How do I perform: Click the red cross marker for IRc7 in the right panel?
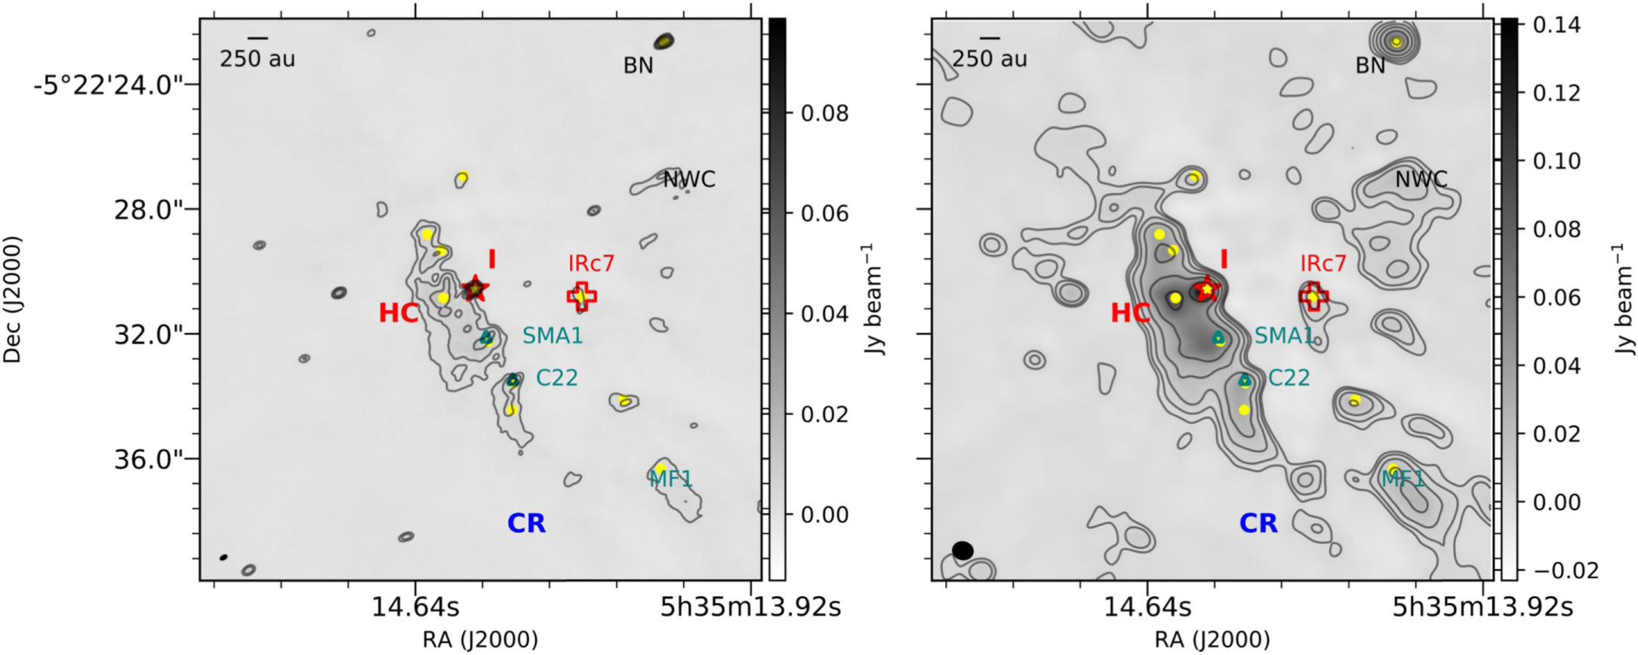point(1314,297)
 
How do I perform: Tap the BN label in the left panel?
point(638,66)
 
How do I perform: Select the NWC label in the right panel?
point(1421,180)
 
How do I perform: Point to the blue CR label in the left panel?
point(526,523)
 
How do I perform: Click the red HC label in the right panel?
point(1130,313)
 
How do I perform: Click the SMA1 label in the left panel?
point(553,336)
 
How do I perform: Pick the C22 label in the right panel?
point(1289,377)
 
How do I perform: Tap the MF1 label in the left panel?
point(671,478)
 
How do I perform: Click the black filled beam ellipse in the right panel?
point(962,550)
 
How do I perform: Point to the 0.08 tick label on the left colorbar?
point(824,114)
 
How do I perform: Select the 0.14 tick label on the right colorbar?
point(1556,25)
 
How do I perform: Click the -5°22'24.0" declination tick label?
point(109,85)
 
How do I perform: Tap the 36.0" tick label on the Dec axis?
point(149,459)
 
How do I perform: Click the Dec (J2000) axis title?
point(13,300)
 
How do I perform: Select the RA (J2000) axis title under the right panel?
point(1212,640)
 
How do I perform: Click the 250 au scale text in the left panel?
point(257,59)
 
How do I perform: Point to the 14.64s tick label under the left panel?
point(414,607)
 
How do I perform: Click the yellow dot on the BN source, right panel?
point(1396,42)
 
